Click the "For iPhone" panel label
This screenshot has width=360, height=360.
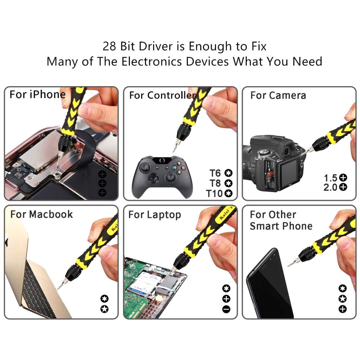click(x=37, y=95)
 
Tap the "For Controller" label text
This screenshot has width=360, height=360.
click(x=162, y=95)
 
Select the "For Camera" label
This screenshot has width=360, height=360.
click(x=278, y=96)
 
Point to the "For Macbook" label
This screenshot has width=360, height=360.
click(x=41, y=215)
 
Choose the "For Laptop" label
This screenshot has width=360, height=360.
click(x=154, y=215)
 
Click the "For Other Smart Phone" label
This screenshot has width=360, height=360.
click(x=281, y=220)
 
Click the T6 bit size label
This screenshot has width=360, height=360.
click(x=215, y=173)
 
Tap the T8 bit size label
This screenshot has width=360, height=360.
click(x=215, y=183)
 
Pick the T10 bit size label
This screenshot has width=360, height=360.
click(x=214, y=194)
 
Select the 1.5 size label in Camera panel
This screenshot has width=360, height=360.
click(x=330, y=178)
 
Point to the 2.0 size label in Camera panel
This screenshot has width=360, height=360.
click(x=330, y=187)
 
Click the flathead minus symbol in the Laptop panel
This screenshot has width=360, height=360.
click(x=226, y=309)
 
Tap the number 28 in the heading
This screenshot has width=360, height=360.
click(x=110, y=46)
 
